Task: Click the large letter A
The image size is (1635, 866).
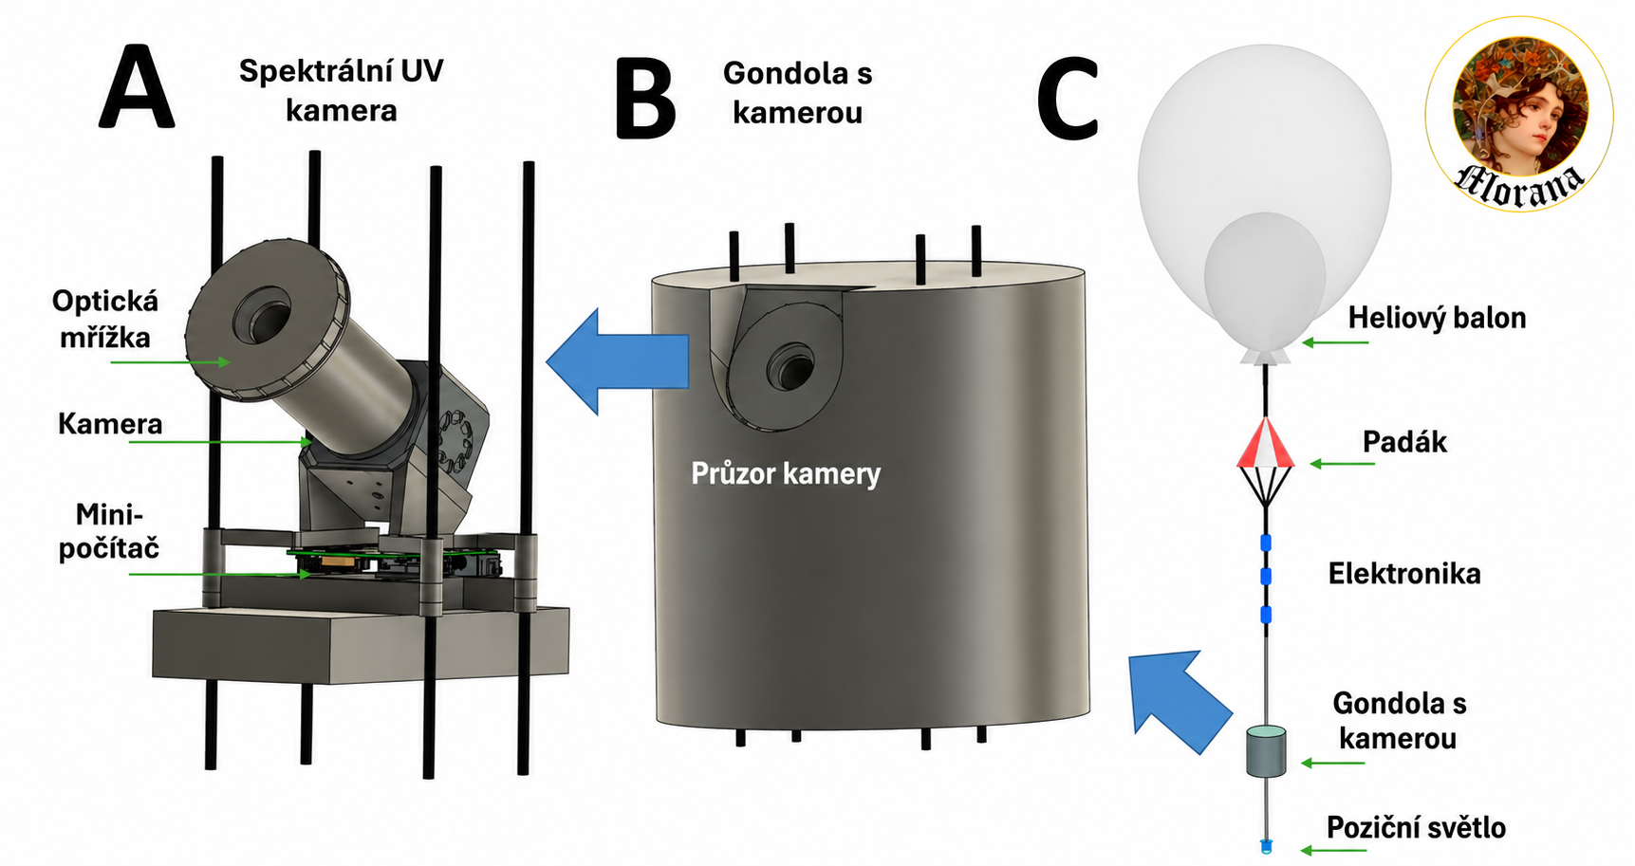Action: (137, 87)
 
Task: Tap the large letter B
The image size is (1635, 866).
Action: (645, 99)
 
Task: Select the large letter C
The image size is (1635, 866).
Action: (1068, 99)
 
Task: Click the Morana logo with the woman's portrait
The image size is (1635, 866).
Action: (1519, 114)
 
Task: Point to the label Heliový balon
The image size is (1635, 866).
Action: (1437, 318)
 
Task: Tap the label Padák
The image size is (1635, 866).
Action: (1404, 441)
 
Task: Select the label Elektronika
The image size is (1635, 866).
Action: (1403, 573)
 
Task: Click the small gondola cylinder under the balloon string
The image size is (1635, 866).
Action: (1266, 751)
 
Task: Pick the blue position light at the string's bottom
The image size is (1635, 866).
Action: (1265, 845)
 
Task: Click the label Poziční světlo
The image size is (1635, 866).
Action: (1416, 827)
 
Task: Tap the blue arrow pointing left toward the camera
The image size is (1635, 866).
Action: (618, 361)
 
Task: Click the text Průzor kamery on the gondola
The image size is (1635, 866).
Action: (786, 473)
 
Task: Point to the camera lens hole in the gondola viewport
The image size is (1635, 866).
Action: (791, 366)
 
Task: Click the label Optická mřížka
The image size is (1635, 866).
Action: (104, 319)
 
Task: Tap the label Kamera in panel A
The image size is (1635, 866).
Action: (110, 423)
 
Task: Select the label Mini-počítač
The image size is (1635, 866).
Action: (108, 531)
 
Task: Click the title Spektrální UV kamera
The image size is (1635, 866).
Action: (341, 90)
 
